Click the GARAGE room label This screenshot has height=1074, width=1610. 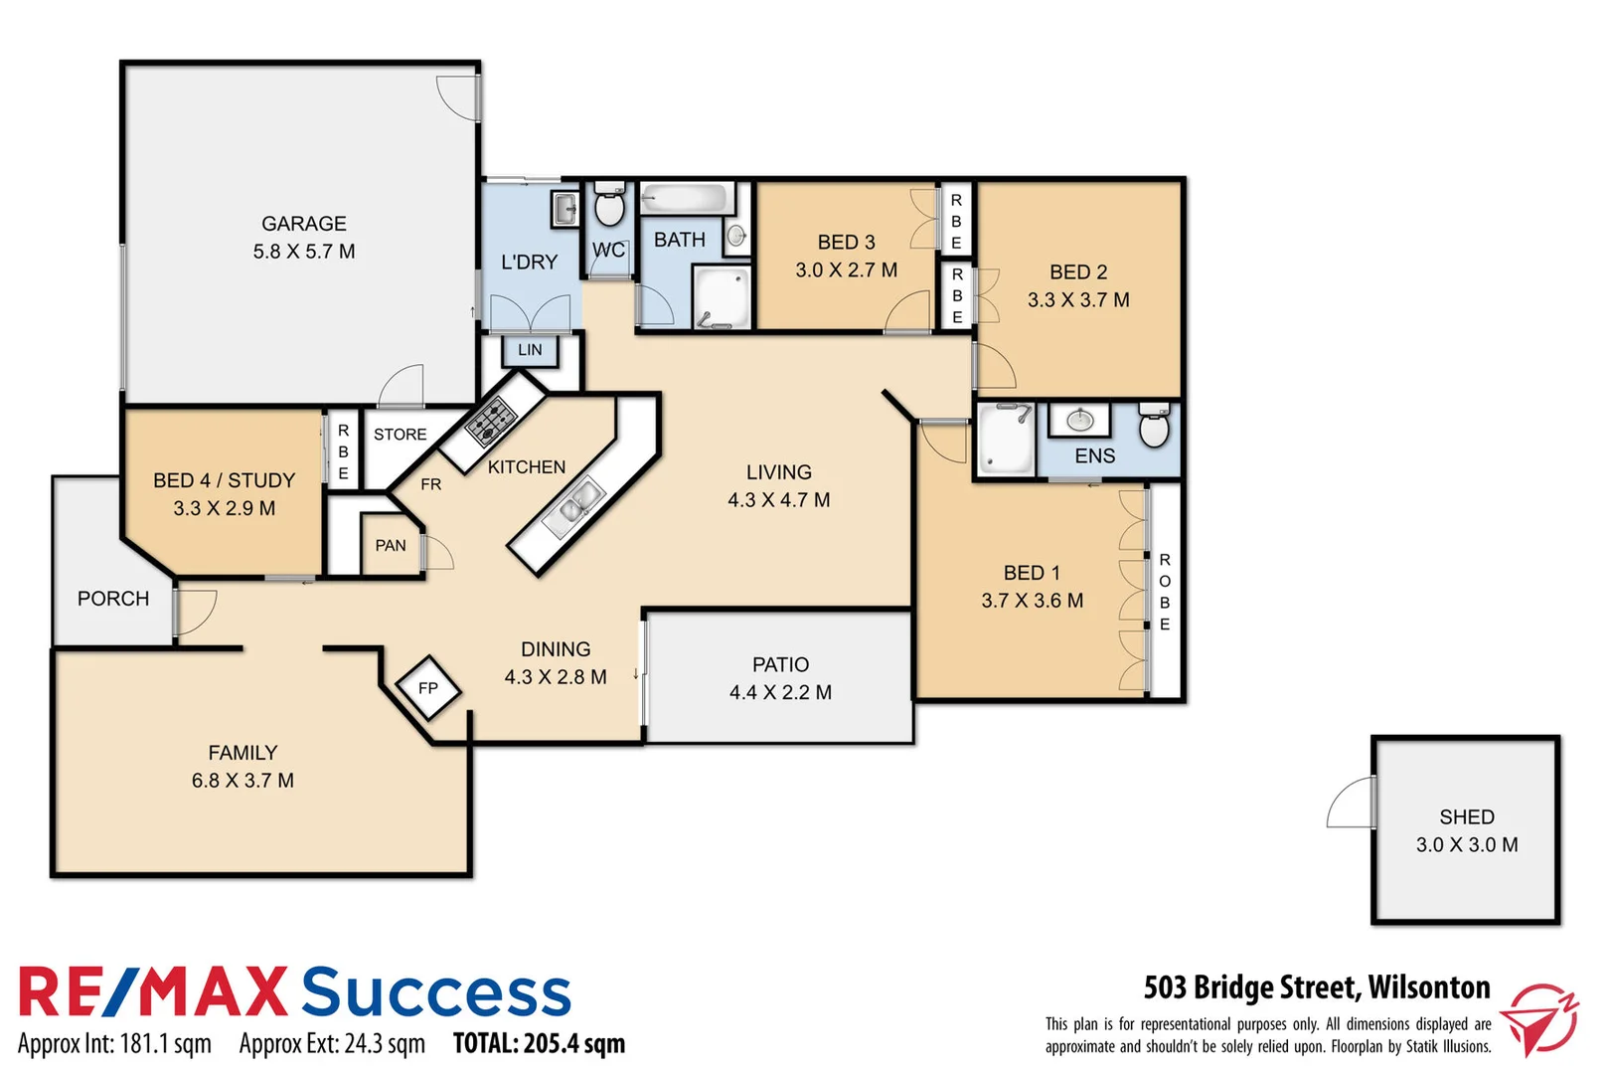click(x=303, y=224)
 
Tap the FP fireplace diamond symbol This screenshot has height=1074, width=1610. click(x=428, y=687)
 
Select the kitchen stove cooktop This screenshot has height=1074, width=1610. click(x=491, y=420)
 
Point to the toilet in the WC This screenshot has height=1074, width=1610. click(x=608, y=208)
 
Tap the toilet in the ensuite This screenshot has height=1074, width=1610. click(x=1154, y=427)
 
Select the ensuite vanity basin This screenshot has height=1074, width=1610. click(x=1080, y=421)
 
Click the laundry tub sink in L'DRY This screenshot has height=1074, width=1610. click(x=564, y=209)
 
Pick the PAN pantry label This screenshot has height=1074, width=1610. click(x=391, y=545)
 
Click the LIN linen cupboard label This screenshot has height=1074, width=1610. click(x=530, y=350)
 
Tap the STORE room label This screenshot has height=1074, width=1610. click(x=401, y=435)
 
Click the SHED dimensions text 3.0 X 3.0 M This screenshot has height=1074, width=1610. click(x=1467, y=844)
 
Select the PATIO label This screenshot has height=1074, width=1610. click(x=780, y=664)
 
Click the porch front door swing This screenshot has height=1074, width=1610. click(x=196, y=611)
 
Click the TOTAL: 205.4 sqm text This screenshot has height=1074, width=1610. click(x=539, y=1043)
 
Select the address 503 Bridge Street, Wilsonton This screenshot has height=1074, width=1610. click(x=1316, y=987)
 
